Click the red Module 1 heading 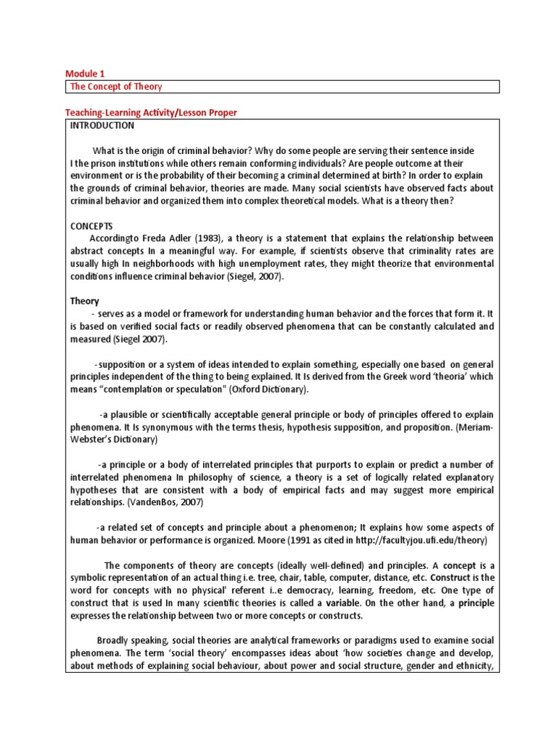coord(85,73)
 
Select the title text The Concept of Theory coord(116,87)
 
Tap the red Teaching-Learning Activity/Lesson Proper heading coord(151,113)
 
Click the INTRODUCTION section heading coord(102,126)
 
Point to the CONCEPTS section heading coord(91,226)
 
